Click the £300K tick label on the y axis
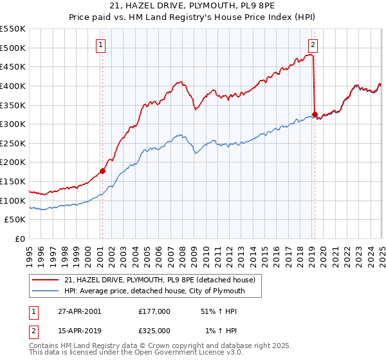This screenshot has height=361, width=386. [x=13, y=124]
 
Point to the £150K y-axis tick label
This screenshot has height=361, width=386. [x=13, y=181]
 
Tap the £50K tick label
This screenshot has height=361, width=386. [x=15, y=220]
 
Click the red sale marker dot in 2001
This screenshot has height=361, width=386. [x=102, y=171]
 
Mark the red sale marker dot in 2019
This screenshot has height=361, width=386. [x=315, y=115]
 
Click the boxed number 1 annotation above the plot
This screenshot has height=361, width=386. [x=102, y=44]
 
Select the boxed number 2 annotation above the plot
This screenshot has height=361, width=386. [x=313, y=44]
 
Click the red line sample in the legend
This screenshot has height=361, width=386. [x=45, y=280]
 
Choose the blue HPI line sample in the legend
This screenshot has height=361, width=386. [x=45, y=291]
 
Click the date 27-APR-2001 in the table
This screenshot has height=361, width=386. [x=79, y=311]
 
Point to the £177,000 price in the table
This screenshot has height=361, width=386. [x=154, y=311]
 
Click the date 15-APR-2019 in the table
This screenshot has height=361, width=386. [x=79, y=331]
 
